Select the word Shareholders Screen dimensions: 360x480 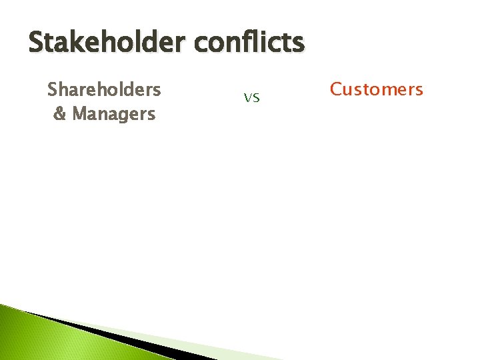104,89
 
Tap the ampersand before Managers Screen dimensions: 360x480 59,114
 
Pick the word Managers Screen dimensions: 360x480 113,114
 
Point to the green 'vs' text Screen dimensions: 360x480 251,98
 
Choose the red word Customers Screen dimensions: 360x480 377,89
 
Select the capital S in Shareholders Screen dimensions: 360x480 53,89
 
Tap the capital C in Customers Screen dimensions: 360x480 337,89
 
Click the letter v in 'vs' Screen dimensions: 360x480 247,98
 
